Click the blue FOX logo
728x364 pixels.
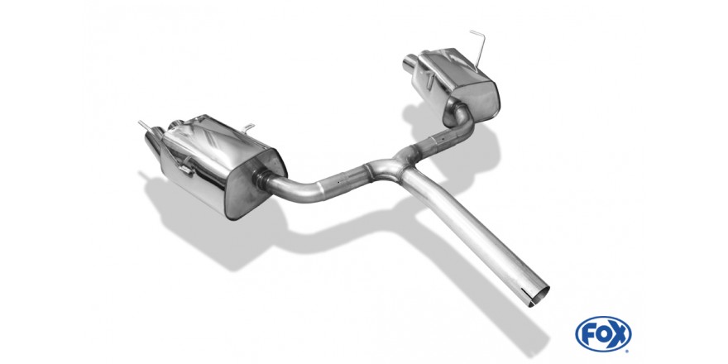(x=603, y=334)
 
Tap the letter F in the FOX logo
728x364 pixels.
(x=589, y=334)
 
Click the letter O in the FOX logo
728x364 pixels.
(x=603, y=334)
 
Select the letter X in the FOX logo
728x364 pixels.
(x=618, y=334)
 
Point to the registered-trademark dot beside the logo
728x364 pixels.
(x=628, y=351)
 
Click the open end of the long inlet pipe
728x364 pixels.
(x=539, y=296)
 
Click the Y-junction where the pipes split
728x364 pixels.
(x=390, y=168)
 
